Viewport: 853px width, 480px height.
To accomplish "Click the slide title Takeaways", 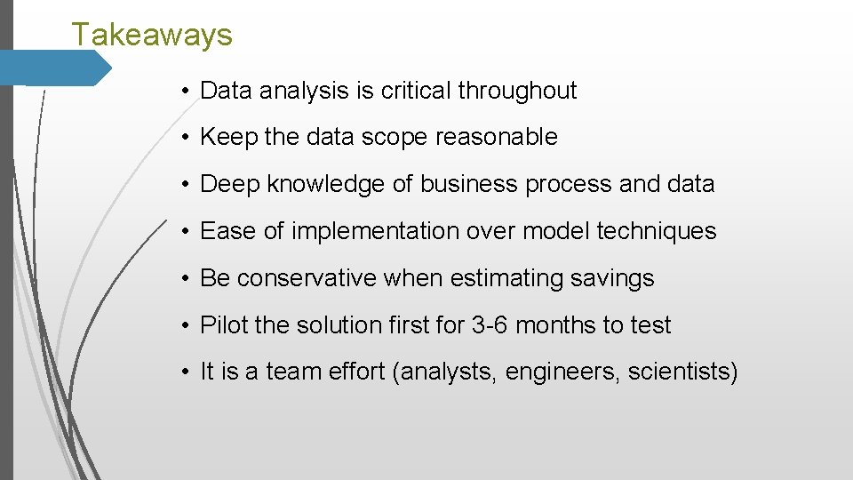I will click(x=152, y=36).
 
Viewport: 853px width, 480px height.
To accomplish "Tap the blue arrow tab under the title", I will click(x=55, y=68).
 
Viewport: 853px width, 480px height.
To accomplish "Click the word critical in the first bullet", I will click(x=417, y=91).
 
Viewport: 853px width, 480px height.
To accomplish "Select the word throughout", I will click(x=518, y=91).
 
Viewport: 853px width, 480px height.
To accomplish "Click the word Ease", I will click(x=228, y=231).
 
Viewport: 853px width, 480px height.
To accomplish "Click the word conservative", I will click(x=307, y=278).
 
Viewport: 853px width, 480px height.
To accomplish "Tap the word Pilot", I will click(x=224, y=325).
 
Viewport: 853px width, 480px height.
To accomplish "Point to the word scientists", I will click(x=681, y=372).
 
